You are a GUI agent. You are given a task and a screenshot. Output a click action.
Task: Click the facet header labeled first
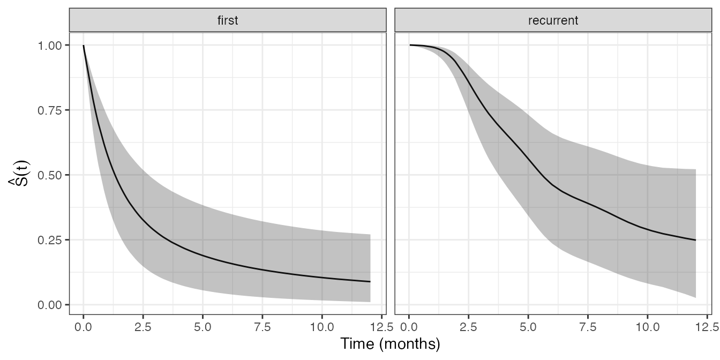(x=228, y=21)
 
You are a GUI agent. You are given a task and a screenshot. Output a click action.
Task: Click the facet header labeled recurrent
(x=553, y=21)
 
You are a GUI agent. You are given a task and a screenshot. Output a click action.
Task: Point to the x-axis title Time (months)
(x=390, y=344)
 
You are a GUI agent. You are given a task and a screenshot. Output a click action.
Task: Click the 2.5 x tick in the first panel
(x=143, y=325)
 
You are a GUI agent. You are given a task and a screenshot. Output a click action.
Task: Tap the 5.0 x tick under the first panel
(x=202, y=325)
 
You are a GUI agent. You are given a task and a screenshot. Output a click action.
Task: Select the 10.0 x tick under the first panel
(x=321, y=325)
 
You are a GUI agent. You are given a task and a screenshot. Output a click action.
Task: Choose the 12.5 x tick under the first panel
(x=381, y=325)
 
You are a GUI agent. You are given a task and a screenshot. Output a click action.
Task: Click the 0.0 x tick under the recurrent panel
(x=409, y=325)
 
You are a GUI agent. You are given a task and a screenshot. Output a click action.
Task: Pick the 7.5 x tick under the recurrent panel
(x=588, y=325)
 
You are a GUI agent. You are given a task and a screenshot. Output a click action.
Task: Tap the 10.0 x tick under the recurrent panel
(x=647, y=325)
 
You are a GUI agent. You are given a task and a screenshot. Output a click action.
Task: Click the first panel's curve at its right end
(x=370, y=282)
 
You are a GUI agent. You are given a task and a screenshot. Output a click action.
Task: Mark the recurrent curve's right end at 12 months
(x=695, y=240)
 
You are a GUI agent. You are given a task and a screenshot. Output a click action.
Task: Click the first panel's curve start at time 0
(x=84, y=46)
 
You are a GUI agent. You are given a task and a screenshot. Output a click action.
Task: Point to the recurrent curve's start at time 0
(x=410, y=45)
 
